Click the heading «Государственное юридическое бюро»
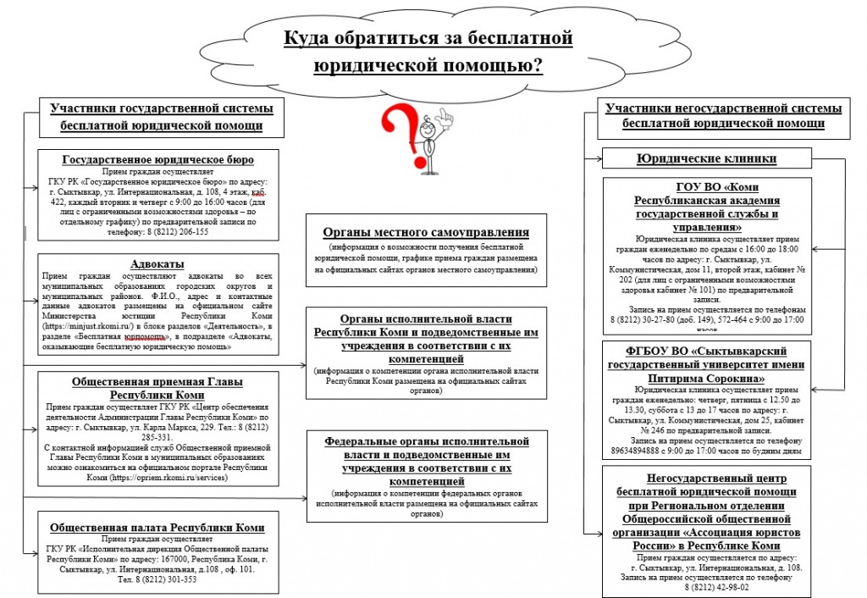click(x=158, y=159)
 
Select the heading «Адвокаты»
click(x=157, y=263)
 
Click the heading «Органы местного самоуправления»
click(x=426, y=232)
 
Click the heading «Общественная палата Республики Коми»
click(x=157, y=527)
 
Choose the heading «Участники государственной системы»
click(x=161, y=108)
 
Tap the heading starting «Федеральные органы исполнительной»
click(x=426, y=441)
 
